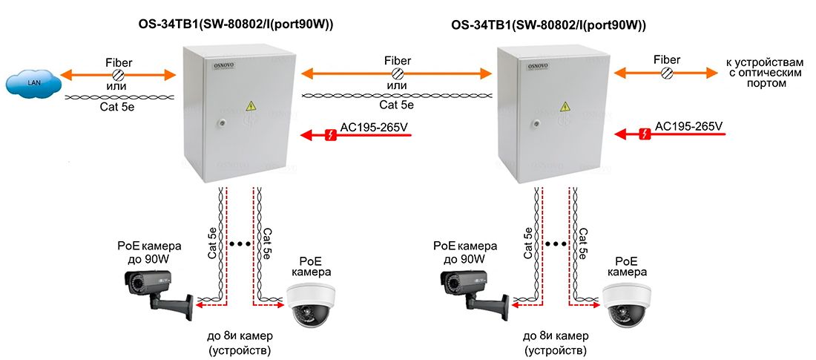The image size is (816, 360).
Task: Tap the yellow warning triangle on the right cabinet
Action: click(565, 107)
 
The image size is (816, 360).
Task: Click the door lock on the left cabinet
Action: click(222, 123)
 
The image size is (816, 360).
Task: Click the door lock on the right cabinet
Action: click(535, 124)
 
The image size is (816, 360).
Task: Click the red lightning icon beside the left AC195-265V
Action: click(330, 135)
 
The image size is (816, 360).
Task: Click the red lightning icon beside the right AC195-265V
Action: click(644, 134)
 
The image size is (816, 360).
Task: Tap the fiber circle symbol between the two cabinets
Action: click(397, 73)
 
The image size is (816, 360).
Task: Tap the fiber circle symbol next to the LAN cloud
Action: click(118, 74)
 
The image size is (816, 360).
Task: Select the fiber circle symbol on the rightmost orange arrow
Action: click(666, 73)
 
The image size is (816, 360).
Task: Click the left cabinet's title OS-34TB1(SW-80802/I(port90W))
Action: click(235, 25)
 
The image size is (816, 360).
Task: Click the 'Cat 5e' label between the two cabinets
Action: click(397, 105)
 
